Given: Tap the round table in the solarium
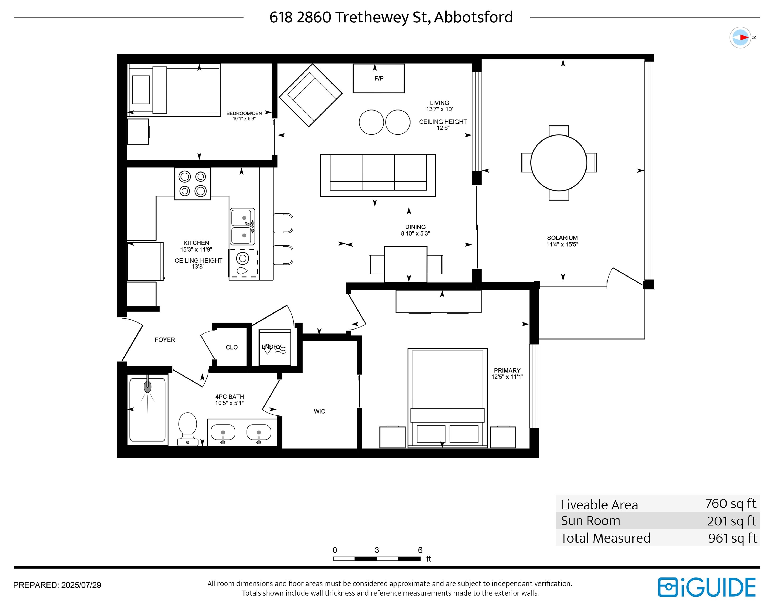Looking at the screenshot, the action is pyautogui.click(x=559, y=163).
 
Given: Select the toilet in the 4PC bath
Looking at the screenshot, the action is pyautogui.click(x=188, y=429).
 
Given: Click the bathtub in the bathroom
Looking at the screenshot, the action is pyautogui.click(x=148, y=410).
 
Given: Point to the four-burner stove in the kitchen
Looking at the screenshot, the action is pyautogui.click(x=193, y=184).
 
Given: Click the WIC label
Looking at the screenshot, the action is pyautogui.click(x=319, y=411).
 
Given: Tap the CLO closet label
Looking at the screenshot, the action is pyautogui.click(x=232, y=347).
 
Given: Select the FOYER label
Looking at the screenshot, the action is pyautogui.click(x=165, y=340).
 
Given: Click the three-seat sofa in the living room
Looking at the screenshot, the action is pyautogui.click(x=378, y=175).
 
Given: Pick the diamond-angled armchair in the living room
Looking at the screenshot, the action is pyautogui.click(x=310, y=95).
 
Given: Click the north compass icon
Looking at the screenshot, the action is pyautogui.click(x=740, y=37).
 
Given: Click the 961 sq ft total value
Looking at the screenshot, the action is pyautogui.click(x=733, y=538).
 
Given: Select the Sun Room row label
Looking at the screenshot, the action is pyautogui.click(x=590, y=521).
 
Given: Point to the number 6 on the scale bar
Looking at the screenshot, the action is pyautogui.click(x=420, y=550).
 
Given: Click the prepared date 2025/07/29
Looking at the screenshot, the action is pyautogui.click(x=81, y=585).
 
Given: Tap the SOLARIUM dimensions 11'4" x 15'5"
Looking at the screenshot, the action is pyautogui.click(x=562, y=244).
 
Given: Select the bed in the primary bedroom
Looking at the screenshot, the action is pyautogui.click(x=447, y=398).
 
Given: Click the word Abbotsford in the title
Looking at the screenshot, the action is pyautogui.click(x=473, y=17).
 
